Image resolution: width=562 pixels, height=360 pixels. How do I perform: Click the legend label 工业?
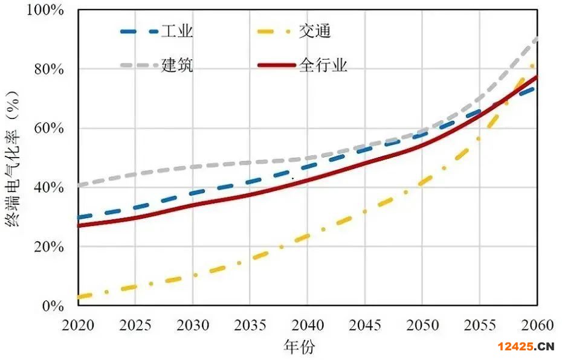177,31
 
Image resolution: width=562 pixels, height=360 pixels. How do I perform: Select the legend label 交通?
315,31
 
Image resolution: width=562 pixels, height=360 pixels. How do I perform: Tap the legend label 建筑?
177,65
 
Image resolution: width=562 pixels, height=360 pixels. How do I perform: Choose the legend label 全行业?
323,65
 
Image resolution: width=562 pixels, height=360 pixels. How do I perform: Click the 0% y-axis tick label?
53,306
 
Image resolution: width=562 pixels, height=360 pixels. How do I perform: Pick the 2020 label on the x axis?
78,326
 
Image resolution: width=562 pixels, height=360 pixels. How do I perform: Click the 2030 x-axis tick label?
193,326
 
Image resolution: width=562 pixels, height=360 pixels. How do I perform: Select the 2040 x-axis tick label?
308,326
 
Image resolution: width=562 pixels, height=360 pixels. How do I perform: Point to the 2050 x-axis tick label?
422,326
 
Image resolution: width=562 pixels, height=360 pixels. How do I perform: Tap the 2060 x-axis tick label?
536,326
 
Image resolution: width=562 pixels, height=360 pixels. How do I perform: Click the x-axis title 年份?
299,347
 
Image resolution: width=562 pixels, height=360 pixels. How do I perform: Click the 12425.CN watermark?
526,346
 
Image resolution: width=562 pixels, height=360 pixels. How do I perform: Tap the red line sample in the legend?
276,65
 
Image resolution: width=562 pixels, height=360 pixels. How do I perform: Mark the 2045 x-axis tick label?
365,326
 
